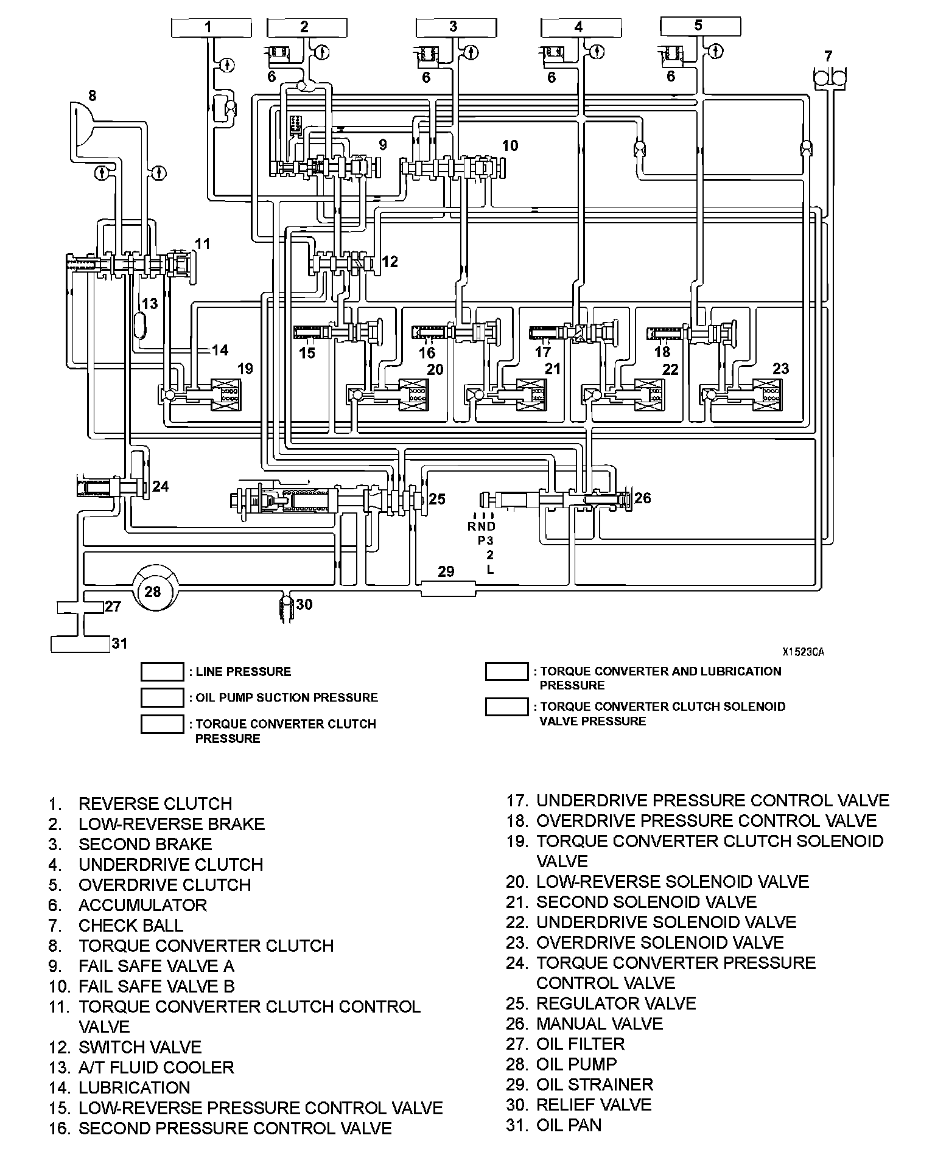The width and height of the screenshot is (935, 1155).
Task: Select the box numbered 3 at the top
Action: click(453, 27)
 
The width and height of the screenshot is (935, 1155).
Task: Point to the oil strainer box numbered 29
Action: click(447, 588)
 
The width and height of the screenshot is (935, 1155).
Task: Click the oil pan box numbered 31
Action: click(80, 643)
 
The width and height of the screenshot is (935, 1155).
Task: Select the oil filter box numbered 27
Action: click(80, 607)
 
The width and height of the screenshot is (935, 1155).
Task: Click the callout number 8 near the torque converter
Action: click(92, 96)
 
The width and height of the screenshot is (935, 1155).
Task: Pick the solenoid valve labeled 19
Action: click(225, 394)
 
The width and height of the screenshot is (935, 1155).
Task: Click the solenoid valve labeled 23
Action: click(768, 394)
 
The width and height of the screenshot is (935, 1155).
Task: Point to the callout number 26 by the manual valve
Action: click(643, 498)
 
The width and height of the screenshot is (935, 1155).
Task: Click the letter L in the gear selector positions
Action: click(490, 570)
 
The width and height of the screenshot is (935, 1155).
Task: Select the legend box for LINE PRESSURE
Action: click(162, 672)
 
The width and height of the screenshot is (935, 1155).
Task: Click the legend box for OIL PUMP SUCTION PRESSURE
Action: click(162, 697)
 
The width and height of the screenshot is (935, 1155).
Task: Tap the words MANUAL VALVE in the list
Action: click(599, 1024)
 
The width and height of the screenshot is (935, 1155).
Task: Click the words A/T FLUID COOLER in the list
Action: click(156, 1067)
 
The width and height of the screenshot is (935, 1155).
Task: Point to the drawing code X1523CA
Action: click(803, 652)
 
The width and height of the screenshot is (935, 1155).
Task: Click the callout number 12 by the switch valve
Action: click(390, 262)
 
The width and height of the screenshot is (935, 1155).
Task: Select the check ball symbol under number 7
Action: click(830, 78)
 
